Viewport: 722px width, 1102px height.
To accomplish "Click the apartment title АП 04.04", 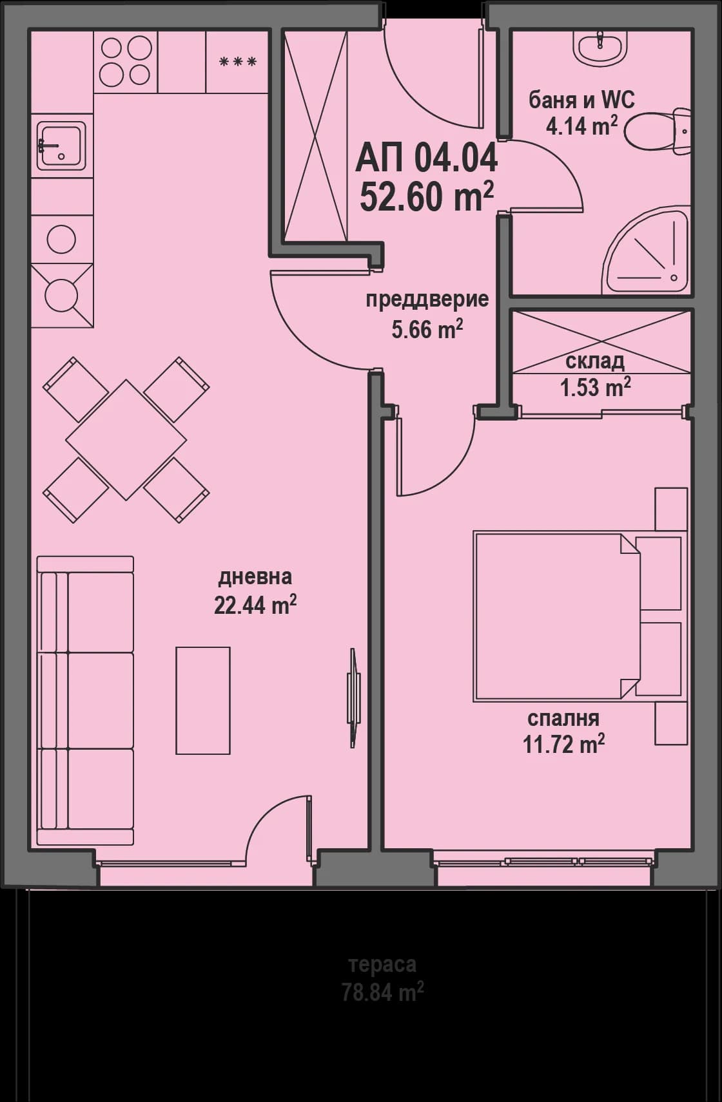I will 426,158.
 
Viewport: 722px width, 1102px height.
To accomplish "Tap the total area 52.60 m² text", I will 426,196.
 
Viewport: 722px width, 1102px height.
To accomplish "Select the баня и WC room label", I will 581,100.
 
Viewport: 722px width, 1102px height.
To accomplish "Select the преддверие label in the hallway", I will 427,300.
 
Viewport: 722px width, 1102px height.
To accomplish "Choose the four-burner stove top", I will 125,61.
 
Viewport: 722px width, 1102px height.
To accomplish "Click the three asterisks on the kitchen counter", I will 237,62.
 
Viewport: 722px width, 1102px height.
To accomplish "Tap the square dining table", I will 126,441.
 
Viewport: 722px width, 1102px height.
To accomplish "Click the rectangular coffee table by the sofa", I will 203,700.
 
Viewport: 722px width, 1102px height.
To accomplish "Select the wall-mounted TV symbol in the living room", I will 353,698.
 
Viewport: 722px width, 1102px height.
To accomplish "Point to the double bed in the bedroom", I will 558,616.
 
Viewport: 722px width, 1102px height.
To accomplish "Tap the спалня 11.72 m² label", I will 563,732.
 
